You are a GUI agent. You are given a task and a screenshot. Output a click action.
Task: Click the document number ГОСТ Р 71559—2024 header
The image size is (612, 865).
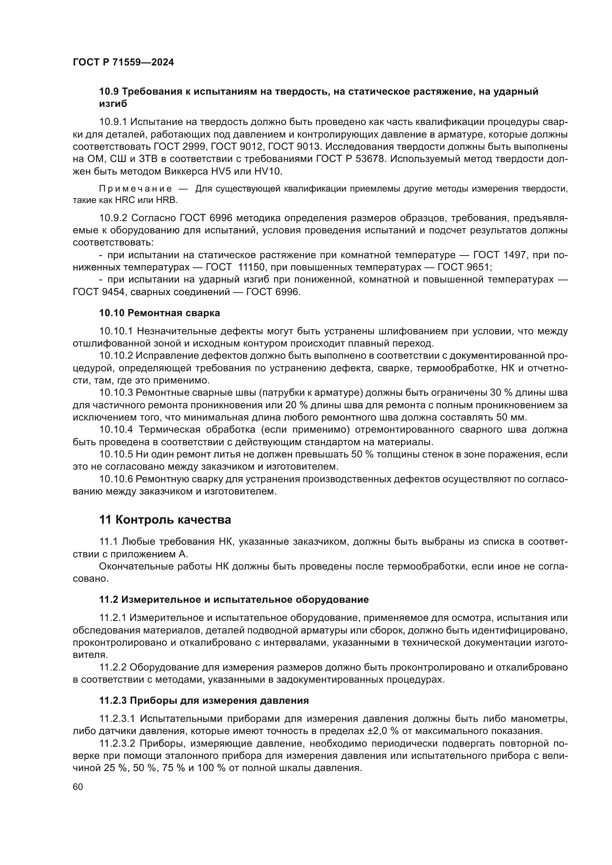click(123, 62)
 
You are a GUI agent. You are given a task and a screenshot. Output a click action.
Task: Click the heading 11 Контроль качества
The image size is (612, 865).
click(165, 520)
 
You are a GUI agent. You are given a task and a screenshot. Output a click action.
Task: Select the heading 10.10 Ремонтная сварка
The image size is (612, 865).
click(159, 313)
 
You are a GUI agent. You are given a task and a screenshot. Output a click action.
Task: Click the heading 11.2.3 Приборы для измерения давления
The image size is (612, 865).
click(204, 701)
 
